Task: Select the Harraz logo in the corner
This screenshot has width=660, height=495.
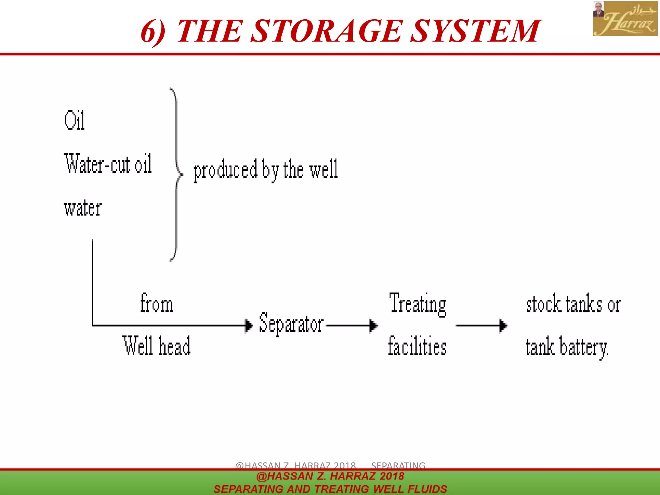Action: (x=625, y=18)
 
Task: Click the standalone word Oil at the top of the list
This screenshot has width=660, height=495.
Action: (x=74, y=120)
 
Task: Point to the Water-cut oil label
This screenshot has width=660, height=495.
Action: (x=108, y=164)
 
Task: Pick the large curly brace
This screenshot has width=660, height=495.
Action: (x=176, y=174)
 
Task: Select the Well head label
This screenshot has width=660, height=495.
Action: (x=157, y=346)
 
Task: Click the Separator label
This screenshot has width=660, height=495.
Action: (x=291, y=323)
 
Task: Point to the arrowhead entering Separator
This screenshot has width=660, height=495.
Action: (x=249, y=325)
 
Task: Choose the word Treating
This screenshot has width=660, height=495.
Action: (x=418, y=304)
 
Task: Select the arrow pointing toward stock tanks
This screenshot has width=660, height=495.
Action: (x=481, y=325)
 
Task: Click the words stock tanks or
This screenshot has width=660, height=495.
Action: (x=573, y=304)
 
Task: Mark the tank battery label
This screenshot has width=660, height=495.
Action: (x=567, y=347)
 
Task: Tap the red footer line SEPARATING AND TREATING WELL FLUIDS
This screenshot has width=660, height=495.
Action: (x=330, y=489)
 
